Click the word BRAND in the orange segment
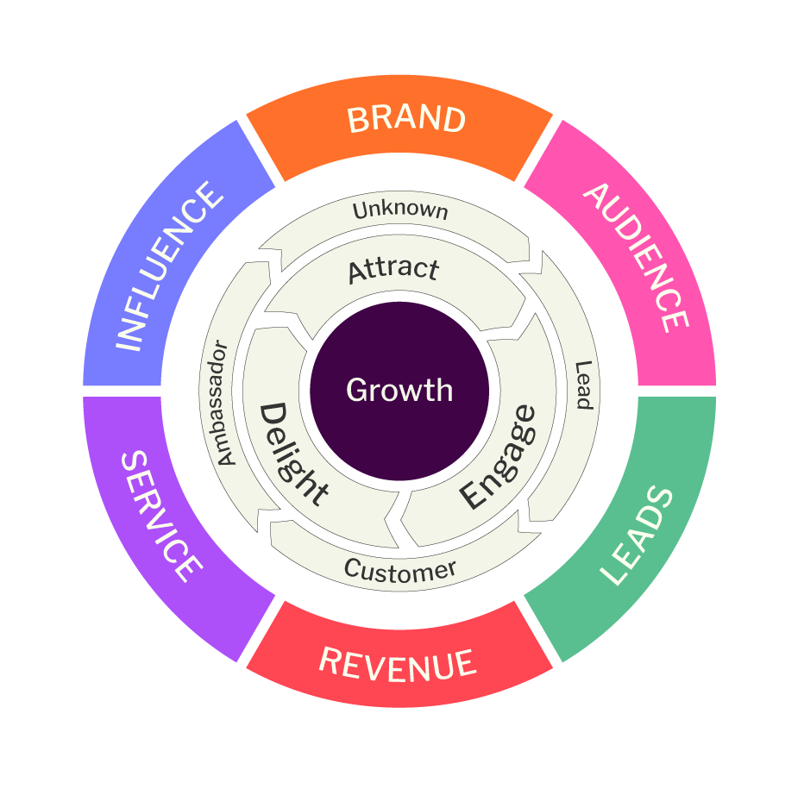click(406, 119)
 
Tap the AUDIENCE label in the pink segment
click(637, 256)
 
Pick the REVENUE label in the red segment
click(398, 664)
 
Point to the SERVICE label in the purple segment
click(161, 516)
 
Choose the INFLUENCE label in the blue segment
click(168, 267)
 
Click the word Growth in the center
click(399, 391)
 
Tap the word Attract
click(393, 270)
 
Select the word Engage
click(498, 457)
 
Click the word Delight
click(293, 454)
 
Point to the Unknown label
click(400, 210)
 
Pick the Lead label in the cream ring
click(584, 385)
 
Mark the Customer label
click(399, 570)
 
